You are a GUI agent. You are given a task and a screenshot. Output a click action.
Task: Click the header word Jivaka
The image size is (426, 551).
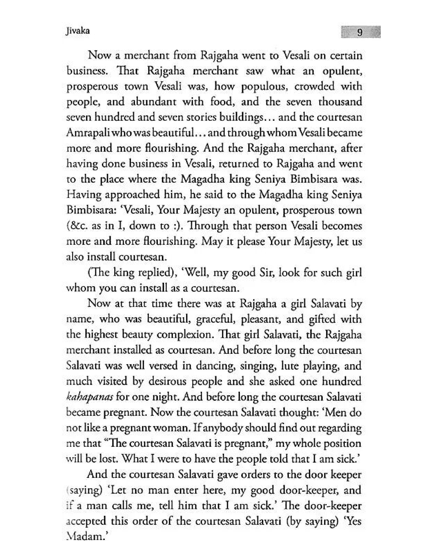pos(77,31)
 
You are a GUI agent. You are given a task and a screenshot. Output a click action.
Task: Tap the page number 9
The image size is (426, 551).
pos(360,32)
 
